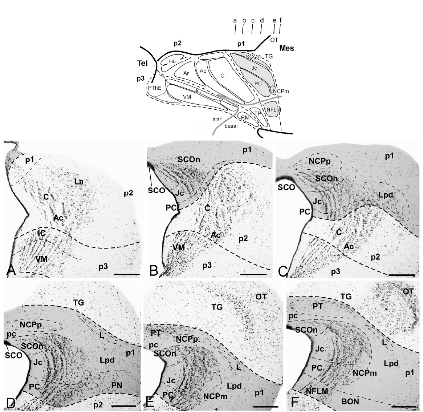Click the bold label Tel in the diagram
142,63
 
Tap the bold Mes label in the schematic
287,48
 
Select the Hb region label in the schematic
172,61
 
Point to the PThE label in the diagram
154,88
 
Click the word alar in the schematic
217,119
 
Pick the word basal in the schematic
231,126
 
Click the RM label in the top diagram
245,117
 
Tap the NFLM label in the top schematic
273,110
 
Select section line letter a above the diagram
235,20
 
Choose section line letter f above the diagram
281,20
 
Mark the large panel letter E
149,402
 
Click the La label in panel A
79,182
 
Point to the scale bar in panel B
253,274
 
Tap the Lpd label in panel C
386,195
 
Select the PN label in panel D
117,385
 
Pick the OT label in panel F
408,291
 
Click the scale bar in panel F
404,405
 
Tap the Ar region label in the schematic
186,73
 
